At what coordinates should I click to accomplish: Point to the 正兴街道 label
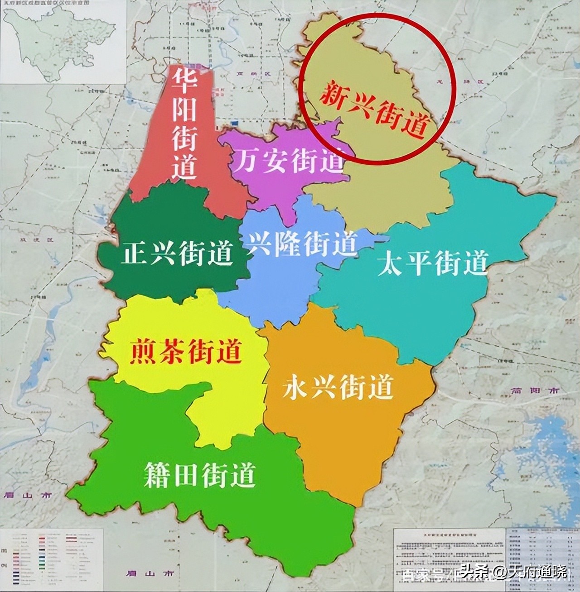click(177, 254)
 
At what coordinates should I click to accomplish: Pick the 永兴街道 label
click(337, 387)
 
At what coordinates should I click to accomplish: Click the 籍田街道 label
click(199, 474)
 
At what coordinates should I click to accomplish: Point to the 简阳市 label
click(535, 390)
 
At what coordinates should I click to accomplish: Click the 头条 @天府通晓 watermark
click(512, 572)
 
